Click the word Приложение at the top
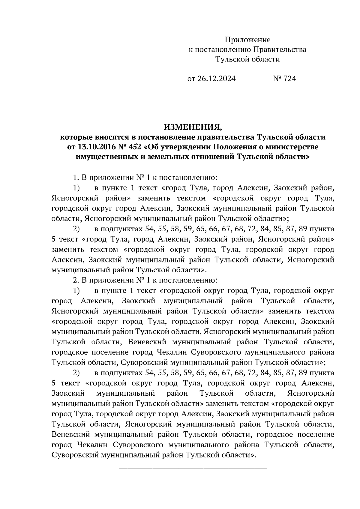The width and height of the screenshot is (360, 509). point(247,40)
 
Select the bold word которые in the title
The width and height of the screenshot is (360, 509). point(76,137)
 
